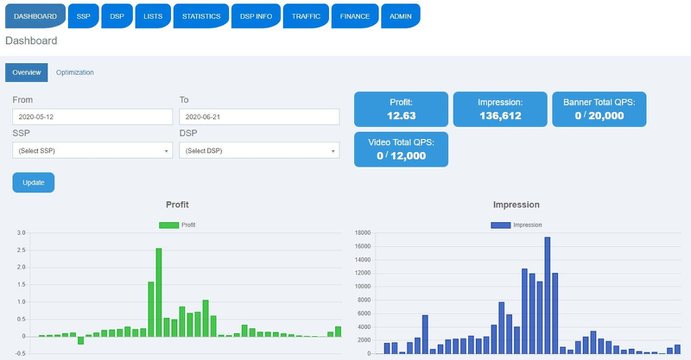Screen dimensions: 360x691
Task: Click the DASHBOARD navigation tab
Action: (x=35, y=16)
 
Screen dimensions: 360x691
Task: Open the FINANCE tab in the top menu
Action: (x=354, y=16)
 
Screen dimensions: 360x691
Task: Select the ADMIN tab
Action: (x=400, y=16)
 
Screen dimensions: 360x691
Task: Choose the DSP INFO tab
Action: (x=256, y=16)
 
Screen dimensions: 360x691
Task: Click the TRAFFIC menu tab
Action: (x=305, y=16)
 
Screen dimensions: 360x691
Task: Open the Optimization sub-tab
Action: (x=75, y=73)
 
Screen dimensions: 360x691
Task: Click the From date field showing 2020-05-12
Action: (x=93, y=117)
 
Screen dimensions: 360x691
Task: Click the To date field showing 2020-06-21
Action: (x=259, y=117)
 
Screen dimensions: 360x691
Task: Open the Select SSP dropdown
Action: (x=93, y=151)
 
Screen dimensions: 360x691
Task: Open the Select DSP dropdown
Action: (x=259, y=151)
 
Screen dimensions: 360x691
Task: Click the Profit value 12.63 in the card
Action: (x=401, y=116)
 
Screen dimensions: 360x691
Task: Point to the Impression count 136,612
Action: (x=500, y=116)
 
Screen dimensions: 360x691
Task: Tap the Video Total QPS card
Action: (x=401, y=149)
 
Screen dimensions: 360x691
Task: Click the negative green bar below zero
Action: (x=80, y=340)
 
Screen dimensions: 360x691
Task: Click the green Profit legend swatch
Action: (x=169, y=225)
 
